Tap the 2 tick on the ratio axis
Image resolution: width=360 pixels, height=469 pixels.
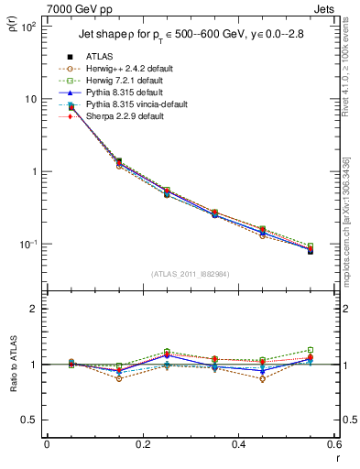pos(35,309)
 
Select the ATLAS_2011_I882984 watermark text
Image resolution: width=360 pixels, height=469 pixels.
pos(190,273)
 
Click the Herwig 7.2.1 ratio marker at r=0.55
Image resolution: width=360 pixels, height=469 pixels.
pos(311,350)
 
